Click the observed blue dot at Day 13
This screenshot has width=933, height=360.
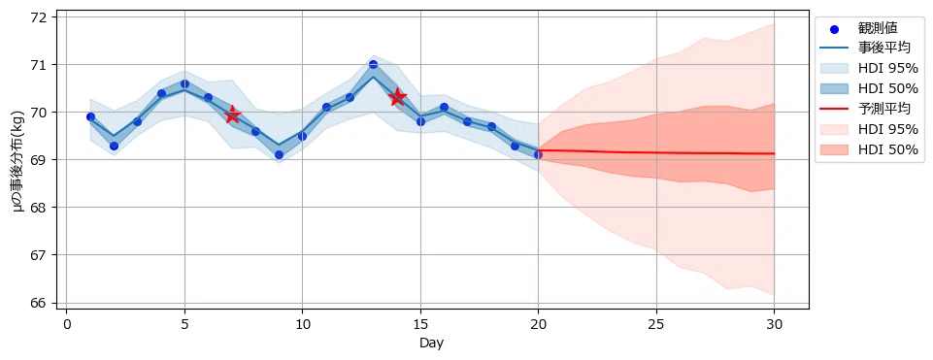373,64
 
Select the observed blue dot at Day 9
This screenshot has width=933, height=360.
279,154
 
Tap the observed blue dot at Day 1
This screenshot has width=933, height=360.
90,116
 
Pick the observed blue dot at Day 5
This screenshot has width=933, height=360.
184,83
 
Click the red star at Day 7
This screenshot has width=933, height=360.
232,115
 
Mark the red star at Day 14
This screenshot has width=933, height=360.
397,97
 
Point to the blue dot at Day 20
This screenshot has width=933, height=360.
538,154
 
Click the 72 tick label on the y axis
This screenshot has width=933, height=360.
44,16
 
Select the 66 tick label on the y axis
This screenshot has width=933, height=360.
44,303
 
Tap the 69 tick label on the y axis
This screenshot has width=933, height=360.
44,160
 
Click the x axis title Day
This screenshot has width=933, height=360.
431,344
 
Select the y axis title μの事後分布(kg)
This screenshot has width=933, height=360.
18,160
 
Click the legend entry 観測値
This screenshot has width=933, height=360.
878,27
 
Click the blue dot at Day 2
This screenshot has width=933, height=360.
114,146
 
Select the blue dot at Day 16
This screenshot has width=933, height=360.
444,107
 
